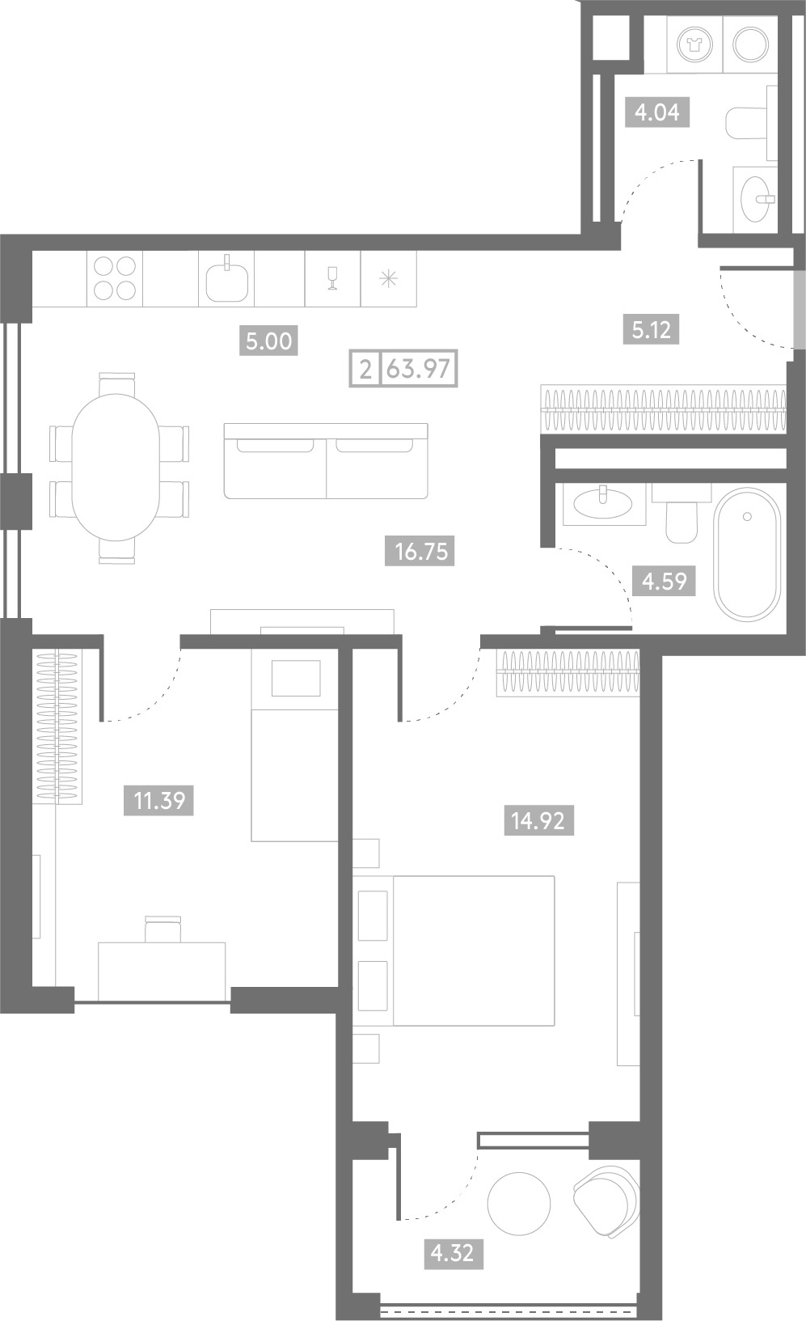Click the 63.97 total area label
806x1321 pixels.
click(419, 369)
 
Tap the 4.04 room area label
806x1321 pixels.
click(657, 112)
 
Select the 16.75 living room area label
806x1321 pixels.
click(420, 552)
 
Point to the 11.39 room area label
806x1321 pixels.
click(158, 801)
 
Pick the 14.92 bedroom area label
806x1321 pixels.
click(538, 821)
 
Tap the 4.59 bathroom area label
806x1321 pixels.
click(664, 582)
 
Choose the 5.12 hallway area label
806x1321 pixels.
click(651, 330)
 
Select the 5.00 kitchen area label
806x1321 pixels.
click(268, 341)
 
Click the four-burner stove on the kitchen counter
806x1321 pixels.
click(115, 279)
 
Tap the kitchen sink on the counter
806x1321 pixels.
click(227, 280)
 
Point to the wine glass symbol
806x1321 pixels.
click(332, 278)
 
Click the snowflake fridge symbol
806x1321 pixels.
click(388, 278)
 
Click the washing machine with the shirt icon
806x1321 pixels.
click(694, 44)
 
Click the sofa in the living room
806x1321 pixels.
click(326, 460)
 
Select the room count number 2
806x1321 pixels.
click(366, 369)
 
